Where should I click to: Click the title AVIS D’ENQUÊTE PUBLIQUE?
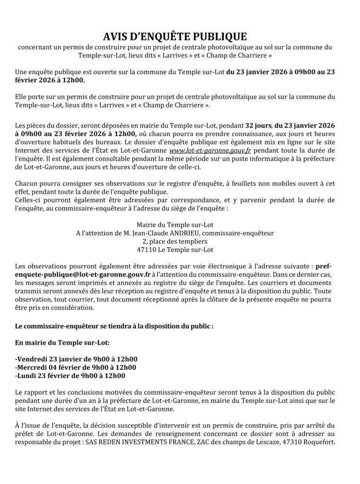click(x=175, y=37)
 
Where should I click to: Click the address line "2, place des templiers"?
click(x=175, y=241)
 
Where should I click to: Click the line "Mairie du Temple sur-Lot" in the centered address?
click(x=175, y=225)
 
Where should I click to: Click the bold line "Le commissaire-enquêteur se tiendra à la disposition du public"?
click(x=114, y=326)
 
